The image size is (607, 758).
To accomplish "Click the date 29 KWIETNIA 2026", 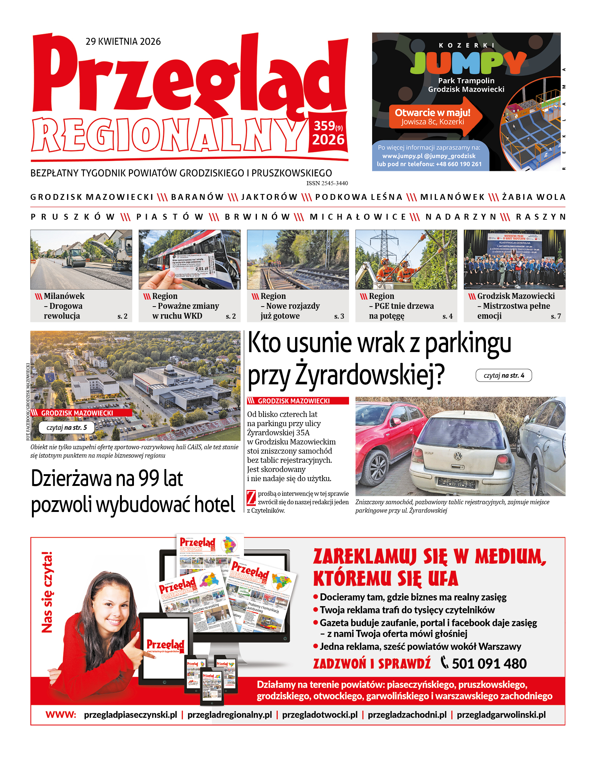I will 123,41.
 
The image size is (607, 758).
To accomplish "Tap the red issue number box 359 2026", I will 328,133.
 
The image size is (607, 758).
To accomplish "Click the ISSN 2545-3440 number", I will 327,183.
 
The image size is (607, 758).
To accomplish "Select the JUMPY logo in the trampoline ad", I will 468,62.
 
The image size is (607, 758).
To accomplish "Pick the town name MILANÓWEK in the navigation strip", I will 452,197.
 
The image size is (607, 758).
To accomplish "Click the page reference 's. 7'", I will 556,316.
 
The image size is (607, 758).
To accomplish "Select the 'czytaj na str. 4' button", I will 504,376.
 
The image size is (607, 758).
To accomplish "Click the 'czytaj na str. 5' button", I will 66,428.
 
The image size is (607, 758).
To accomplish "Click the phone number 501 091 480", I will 489,663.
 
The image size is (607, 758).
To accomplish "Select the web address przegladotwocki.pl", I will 320,715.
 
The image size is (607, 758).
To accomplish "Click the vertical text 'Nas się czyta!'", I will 47,592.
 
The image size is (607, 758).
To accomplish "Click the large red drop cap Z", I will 251,498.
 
